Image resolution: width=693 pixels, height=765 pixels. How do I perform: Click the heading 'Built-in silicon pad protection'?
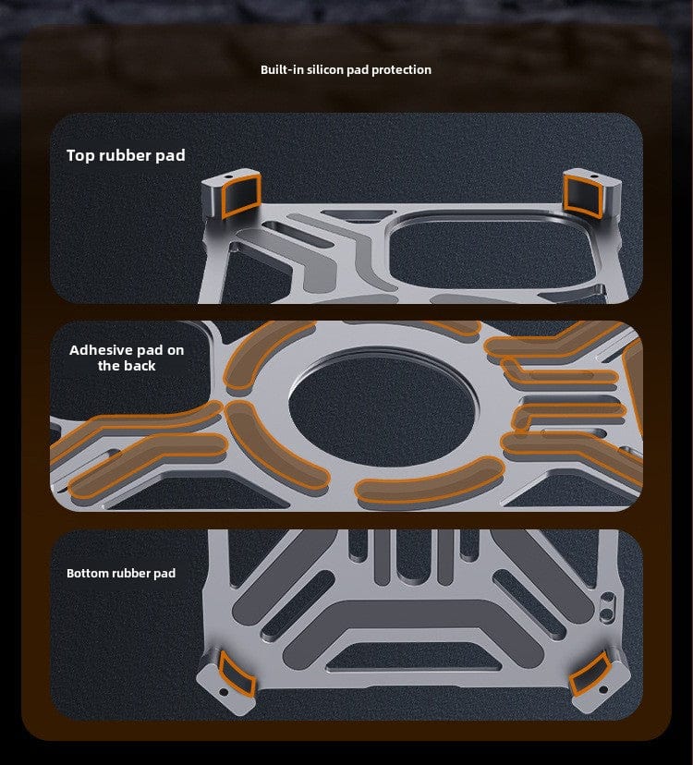[x=346, y=69]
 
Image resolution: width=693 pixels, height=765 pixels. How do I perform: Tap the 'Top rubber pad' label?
[x=126, y=155]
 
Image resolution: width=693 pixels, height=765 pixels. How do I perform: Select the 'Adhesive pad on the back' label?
[x=126, y=358]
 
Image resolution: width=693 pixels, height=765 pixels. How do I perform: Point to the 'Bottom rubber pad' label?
[x=121, y=573]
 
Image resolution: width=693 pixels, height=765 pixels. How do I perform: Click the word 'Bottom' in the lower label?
[x=88, y=573]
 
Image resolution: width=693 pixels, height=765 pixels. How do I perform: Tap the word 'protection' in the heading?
[x=401, y=69]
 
